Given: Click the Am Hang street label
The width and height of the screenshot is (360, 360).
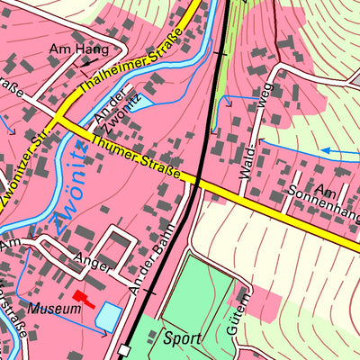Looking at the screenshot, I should point(78,49).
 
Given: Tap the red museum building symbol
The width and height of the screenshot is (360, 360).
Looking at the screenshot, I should point(83,300).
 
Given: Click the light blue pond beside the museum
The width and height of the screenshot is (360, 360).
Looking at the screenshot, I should point(108,316).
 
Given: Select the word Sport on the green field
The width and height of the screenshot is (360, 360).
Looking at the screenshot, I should point(184,339).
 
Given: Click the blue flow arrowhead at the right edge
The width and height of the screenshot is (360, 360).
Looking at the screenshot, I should point(326,151).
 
